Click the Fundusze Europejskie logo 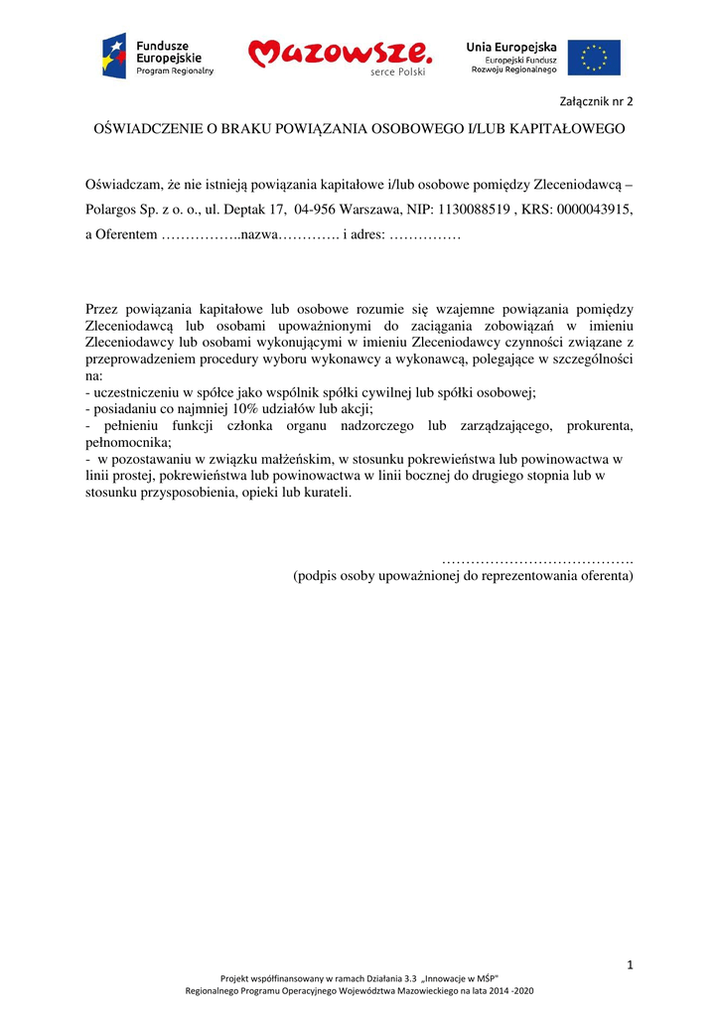(x=157, y=57)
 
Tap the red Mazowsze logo (x=340, y=57)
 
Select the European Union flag (x=594, y=58)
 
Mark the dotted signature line (x=536, y=560)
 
